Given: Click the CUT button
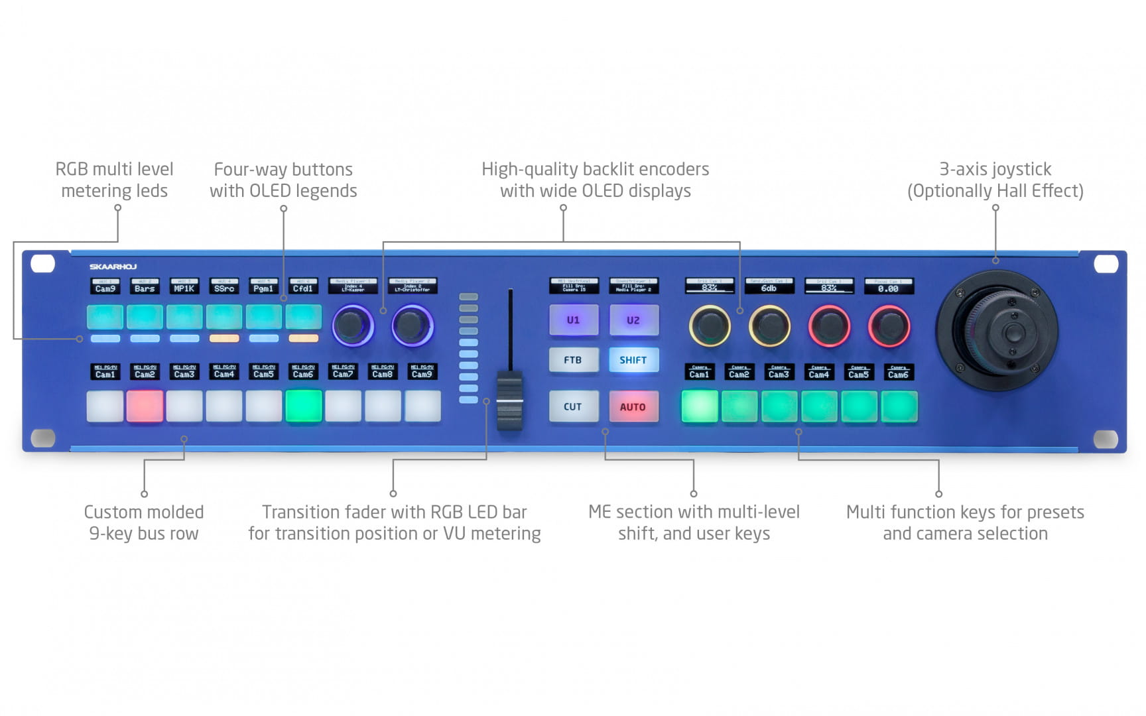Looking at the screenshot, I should pyautogui.click(x=573, y=406).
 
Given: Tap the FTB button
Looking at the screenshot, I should pyautogui.click(x=573, y=360).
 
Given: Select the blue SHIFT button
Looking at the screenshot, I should pyautogui.click(x=633, y=360).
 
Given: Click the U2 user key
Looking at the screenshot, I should pyautogui.click(x=633, y=320).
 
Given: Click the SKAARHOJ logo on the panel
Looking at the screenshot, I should pyautogui.click(x=113, y=267).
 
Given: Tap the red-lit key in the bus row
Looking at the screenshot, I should pyautogui.click(x=145, y=406).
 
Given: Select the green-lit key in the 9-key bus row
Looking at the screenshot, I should pyautogui.click(x=303, y=406).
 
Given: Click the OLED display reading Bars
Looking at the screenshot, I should pyautogui.click(x=145, y=286).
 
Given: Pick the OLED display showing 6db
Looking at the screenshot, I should pyautogui.click(x=769, y=286).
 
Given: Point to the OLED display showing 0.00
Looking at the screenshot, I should pyautogui.click(x=889, y=286).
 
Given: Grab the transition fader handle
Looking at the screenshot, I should pyautogui.click(x=509, y=401).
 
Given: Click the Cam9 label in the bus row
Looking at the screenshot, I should pyautogui.click(x=422, y=372).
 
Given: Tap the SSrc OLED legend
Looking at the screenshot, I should pyautogui.click(x=224, y=286).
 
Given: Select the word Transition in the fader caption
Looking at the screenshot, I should pyautogui.click(x=302, y=512).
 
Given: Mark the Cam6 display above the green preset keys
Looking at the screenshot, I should pyautogui.click(x=898, y=373).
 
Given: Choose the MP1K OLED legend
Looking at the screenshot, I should pyautogui.click(x=184, y=286).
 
